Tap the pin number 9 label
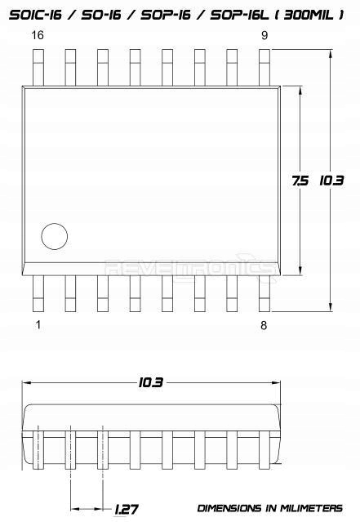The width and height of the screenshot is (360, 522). [264, 35]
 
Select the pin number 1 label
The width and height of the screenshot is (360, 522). [37, 325]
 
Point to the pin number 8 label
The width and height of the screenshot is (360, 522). [264, 325]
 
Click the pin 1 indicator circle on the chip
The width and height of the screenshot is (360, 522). [55, 236]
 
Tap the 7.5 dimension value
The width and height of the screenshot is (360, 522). [299, 181]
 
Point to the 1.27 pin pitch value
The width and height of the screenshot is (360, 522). [126, 510]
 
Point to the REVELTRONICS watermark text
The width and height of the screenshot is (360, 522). [193, 266]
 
